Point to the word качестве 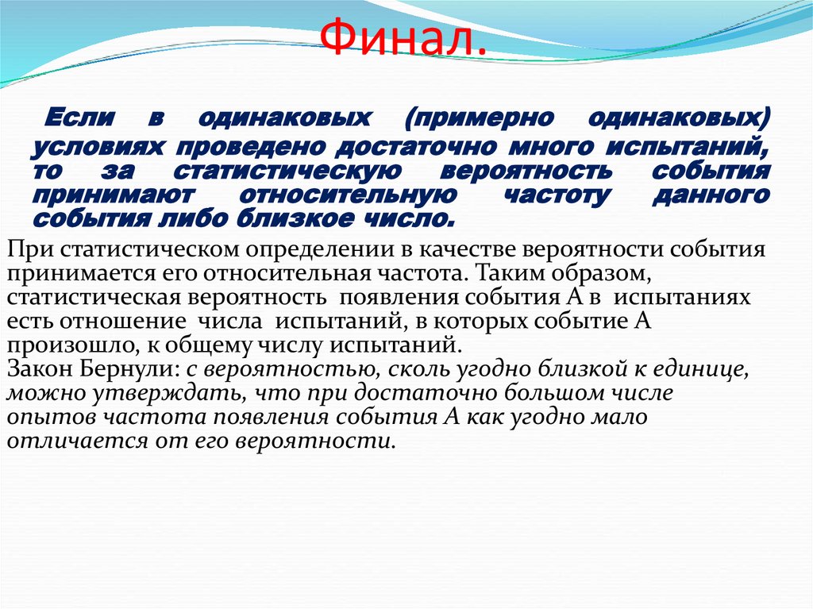468,250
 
